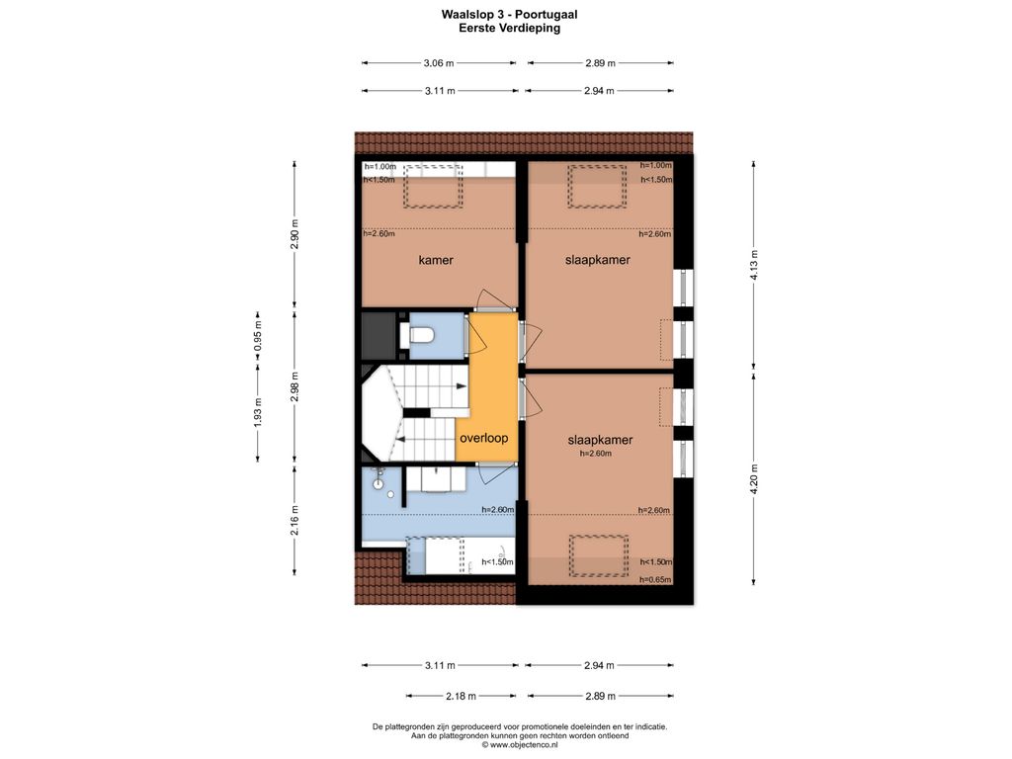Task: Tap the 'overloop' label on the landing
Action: (483, 438)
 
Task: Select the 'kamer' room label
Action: (436, 260)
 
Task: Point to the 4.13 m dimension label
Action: (754, 263)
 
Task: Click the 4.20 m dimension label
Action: (754, 479)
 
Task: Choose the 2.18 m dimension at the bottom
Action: (461, 696)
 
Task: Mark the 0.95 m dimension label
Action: (258, 336)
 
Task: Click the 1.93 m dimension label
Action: (258, 412)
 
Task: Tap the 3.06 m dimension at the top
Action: (439, 62)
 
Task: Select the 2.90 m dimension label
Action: (295, 235)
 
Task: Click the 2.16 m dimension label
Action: (295, 521)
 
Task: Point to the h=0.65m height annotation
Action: (655, 579)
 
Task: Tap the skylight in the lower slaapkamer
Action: (598, 555)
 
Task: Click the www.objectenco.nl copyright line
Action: (520, 745)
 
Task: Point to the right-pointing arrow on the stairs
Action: (462, 386)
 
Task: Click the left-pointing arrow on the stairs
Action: (400, 440)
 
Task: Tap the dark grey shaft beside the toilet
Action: (378, 336)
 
